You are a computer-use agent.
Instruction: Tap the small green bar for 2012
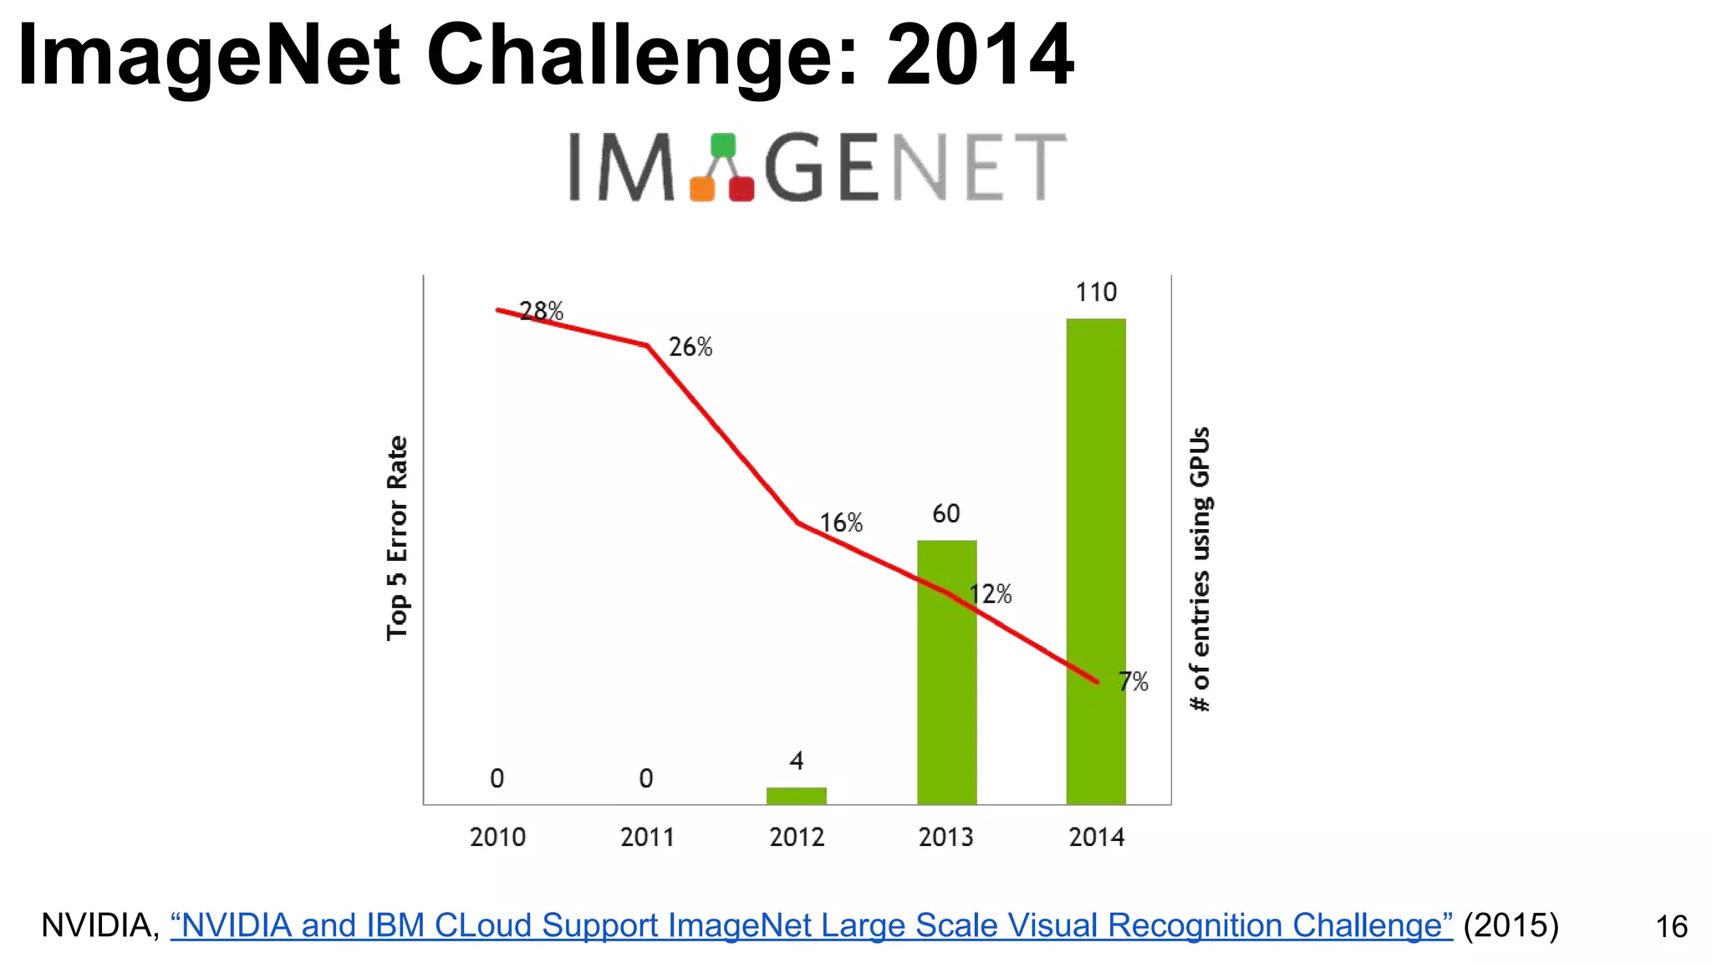(x=796, y=795)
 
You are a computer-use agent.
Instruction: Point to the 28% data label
(x=542, y=311)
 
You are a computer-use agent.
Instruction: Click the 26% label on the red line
(x=690, y=347)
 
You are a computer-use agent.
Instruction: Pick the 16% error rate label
(x=840, y=523)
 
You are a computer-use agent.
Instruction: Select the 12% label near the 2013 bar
(x=991, y=594)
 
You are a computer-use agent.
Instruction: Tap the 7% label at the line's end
(x=1134, y=682)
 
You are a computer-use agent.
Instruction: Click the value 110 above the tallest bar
(x=1096, y=293)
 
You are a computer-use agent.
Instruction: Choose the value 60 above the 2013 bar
(x=946, y=513)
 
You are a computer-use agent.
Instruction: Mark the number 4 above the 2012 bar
(x=796, y=761)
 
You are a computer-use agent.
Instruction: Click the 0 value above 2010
(x=497, y=778)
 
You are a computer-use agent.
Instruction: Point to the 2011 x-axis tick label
(x=647, y=837)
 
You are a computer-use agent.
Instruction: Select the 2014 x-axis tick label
(x=1096, y=837)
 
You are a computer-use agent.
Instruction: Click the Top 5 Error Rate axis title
(x=397, y=538)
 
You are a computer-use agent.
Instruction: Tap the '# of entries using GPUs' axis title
(x=1200, y=568)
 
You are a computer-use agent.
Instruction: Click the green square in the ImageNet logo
(x=723, y=145)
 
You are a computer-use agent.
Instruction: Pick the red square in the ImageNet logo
(x=741, y=189)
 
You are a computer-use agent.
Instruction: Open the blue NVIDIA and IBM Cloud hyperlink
(x=811, y=925)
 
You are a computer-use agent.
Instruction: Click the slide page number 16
(x=1671, y=926)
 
